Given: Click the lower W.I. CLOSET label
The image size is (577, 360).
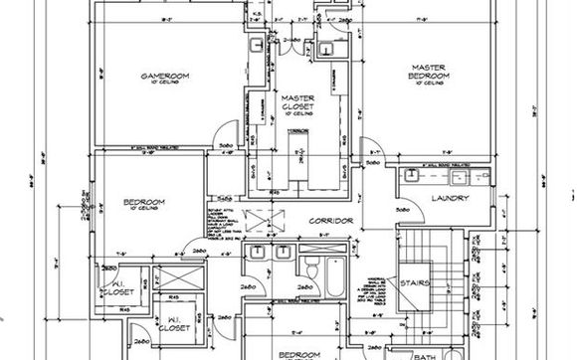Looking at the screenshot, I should point(175,323).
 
